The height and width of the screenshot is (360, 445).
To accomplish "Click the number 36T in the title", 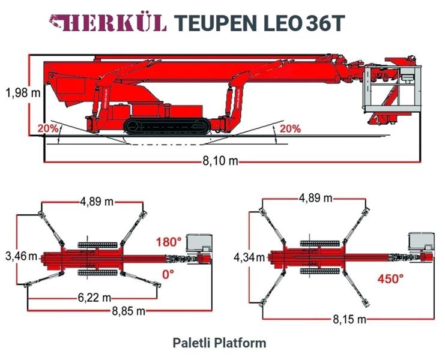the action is (325, 23).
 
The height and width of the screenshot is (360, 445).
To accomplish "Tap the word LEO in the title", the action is (282, 23).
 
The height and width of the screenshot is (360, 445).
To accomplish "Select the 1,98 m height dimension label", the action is (23, 92).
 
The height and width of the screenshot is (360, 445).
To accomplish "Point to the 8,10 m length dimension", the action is (220, 161).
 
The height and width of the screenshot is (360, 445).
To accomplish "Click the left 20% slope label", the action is (48, 128).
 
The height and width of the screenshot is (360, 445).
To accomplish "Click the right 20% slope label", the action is (290, 128).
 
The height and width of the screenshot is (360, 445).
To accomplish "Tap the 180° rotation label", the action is (169, 242).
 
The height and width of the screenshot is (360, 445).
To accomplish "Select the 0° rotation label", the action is (168, 274).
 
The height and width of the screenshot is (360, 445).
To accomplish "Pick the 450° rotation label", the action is (390, 279).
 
